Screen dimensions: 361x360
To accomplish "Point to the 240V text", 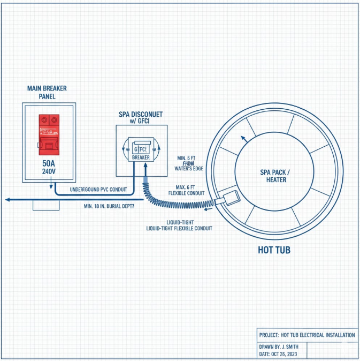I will coord(48,172).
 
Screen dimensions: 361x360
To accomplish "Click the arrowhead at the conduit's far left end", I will coord(7,199).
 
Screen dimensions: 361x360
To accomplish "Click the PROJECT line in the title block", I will coord(307,335).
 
